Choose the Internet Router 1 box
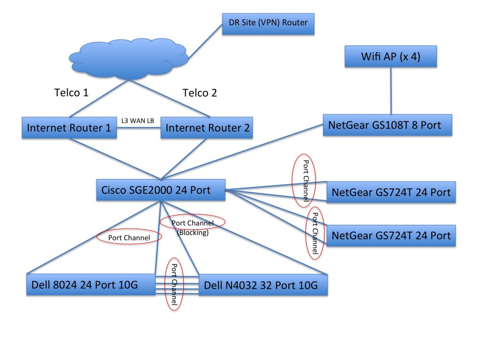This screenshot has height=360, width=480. pos(69,127)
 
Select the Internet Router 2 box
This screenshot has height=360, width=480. pos(206,127)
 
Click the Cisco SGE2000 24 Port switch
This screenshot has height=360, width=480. pos(160,190)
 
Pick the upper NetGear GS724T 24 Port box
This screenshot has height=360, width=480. pos(391,192)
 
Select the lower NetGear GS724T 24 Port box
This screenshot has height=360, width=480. pos(391,235)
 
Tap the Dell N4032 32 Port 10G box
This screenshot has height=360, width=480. pos(263,285)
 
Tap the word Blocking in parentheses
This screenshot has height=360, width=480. pos(193,232)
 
